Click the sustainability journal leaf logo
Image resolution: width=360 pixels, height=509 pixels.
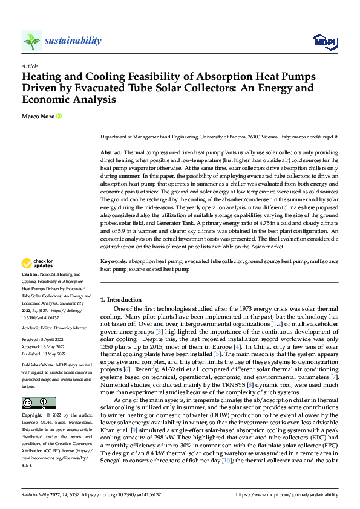[x=31, y=41]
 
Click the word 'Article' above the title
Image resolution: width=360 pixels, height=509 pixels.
[x=30, y=66]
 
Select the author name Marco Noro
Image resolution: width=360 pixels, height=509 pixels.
[x=38, y=116]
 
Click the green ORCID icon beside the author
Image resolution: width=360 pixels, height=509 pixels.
[x=59, y=116]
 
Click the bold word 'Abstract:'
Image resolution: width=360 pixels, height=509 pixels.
[x=111, y=153]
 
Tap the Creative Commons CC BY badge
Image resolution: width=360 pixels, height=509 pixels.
[x=38, y=403]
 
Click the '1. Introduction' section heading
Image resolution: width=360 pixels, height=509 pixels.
[x=121, y=300]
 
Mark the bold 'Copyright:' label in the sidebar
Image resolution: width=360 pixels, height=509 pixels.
[x=32, y=415]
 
